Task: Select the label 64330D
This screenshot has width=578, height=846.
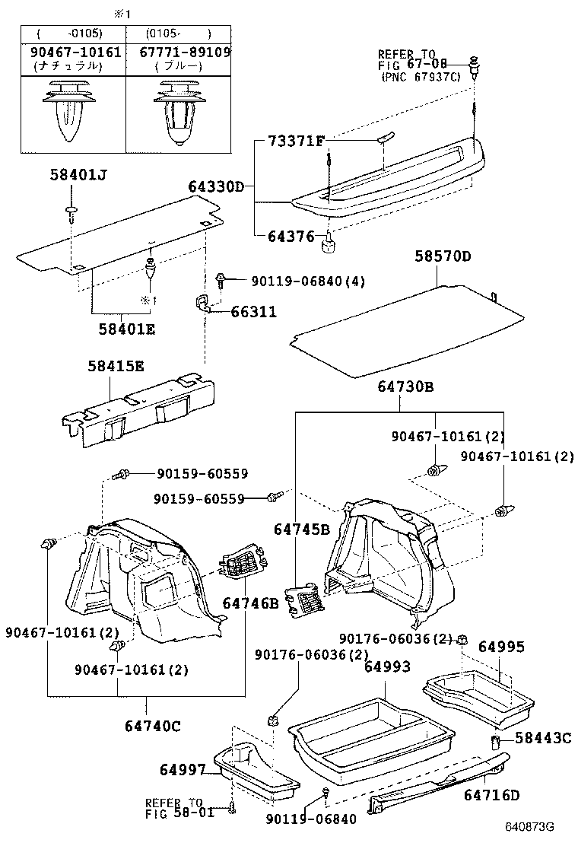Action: (217, 186)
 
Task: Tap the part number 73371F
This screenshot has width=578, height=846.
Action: (296, 142)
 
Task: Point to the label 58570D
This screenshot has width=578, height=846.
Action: (443, 256)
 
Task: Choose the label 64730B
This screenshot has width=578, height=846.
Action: (405, 387)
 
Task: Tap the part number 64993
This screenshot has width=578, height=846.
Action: (387, 666)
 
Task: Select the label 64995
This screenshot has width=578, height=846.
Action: (501, 647)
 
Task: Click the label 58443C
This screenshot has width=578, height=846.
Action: (542, 737)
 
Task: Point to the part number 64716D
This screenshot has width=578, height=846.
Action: (493, 795)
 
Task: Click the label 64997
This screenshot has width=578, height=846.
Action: (183, 770)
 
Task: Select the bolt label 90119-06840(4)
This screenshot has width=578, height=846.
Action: (309, 281)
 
